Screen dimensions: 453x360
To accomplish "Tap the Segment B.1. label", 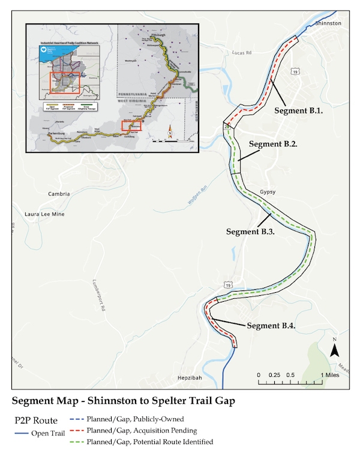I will pyautogui.click(x=299, y=110).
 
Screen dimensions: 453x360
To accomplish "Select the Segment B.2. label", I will pyautogui.click(x=273, y=145).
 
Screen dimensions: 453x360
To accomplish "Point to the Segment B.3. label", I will pyautogui.click(x=250, y=231).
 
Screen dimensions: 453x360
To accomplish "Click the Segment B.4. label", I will pyautogui.click(x=271, y=326).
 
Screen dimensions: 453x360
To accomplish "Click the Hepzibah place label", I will pyautogui.click(x=192, y=380).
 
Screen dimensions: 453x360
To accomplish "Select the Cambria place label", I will pyautogui.click(x=61, y=194).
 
